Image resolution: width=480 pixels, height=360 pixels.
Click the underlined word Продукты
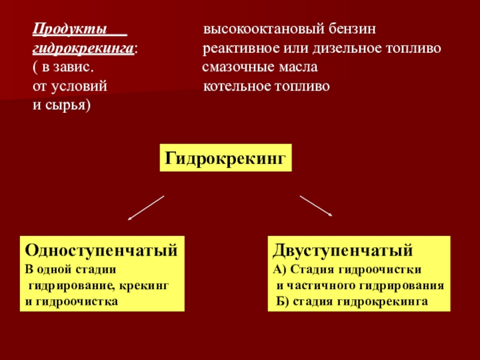tap(70, 29)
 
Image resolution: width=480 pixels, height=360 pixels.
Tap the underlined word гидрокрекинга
tap(82, 48)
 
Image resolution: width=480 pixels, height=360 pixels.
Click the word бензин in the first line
tap(352, 29)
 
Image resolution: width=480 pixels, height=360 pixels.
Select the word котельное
tap(235, 86)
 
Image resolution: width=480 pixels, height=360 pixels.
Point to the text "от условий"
tap(69, 86)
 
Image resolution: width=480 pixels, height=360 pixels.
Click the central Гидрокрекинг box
tap(225, 158)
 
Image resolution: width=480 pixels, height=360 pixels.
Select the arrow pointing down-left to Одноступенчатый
tap(146, 208)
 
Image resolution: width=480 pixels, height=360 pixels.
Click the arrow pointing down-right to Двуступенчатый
tap(316, 205)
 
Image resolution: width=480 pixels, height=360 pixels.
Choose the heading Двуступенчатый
tap(344, 249)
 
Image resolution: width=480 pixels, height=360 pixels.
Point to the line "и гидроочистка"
tap(71, 300)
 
